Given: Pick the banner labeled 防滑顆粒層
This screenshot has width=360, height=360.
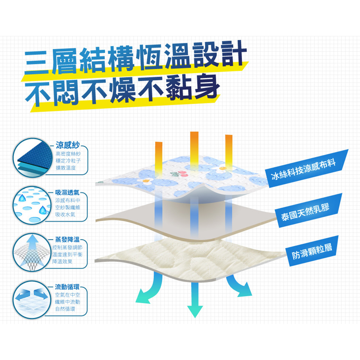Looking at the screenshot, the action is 311,251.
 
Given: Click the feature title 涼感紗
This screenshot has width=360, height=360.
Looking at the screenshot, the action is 68,145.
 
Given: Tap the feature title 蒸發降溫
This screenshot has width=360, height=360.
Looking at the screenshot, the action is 67,239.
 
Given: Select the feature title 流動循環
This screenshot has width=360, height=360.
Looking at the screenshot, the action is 67,287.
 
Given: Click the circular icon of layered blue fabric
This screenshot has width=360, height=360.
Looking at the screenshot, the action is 32,158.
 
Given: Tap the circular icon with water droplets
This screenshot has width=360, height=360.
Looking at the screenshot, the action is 32,205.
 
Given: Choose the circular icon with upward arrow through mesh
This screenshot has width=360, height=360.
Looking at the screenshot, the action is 32,252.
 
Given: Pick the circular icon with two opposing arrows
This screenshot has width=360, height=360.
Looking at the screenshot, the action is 32,300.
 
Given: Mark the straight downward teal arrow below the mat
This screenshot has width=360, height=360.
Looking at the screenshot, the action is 195,300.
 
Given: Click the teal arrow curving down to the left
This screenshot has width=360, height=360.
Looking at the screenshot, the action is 150,290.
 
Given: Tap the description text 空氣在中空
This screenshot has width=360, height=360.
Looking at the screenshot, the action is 68,295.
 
